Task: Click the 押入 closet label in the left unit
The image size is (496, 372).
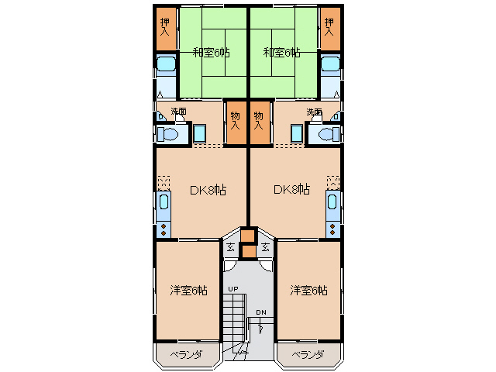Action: pos(165,28)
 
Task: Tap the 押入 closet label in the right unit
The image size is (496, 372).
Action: pos(330,28)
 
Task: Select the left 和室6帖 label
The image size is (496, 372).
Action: pos(211,53)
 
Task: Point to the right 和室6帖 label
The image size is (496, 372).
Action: pos(281,53)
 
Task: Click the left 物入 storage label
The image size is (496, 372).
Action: pos(235,119)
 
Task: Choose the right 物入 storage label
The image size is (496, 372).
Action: pos(259,119)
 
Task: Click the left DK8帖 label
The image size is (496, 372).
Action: pos(208,189)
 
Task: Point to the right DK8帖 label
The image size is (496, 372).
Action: pos(291,189)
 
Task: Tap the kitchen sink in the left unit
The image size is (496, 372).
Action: pos(164,205)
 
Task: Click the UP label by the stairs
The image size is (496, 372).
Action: pos(232,289)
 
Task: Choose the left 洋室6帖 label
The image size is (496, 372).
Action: pos(188,290)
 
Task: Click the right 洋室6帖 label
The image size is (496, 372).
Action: pos(308,290)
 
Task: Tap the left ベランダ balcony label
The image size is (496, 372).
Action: pos(186,355)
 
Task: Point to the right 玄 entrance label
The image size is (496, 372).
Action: pos(265,248)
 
